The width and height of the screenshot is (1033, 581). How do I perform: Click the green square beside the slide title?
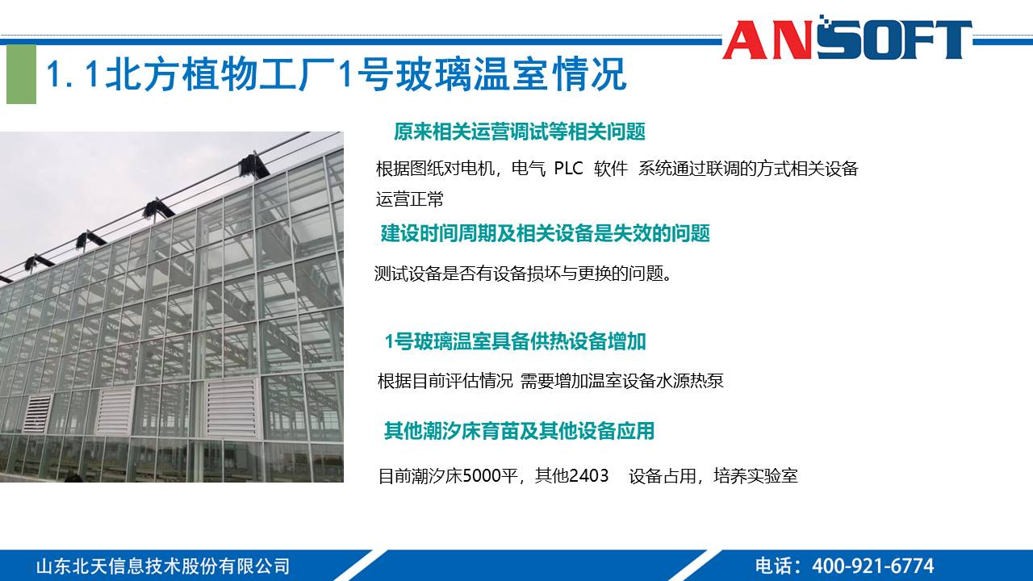pos(22,74)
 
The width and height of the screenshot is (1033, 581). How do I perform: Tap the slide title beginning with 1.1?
pos(336,75)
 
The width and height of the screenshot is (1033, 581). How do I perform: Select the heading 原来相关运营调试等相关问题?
pos(519,132)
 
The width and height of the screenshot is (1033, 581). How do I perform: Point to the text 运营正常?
pos(409,199)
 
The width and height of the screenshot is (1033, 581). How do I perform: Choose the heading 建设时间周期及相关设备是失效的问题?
pos(545,234)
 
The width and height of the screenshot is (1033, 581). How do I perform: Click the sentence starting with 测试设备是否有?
pos(523,274)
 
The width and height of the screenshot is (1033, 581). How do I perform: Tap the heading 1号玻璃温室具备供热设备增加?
pos(515,341)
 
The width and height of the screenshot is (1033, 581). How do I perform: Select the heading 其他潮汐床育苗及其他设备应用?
pos(518,431)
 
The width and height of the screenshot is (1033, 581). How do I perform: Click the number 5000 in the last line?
pos(481,476)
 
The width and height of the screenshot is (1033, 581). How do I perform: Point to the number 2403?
pos(588,476)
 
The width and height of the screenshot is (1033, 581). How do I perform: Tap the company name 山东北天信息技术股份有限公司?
pos(162,566)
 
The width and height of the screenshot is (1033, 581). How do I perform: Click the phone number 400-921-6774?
pos(872,566)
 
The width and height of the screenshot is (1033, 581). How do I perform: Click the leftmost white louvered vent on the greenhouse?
pos(37,413)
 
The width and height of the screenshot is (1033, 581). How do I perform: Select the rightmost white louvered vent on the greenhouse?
pos(232,408)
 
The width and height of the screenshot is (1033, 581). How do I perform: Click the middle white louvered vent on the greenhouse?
pos(115,411)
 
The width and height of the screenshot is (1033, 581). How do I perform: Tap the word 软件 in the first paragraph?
pos(611,169)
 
